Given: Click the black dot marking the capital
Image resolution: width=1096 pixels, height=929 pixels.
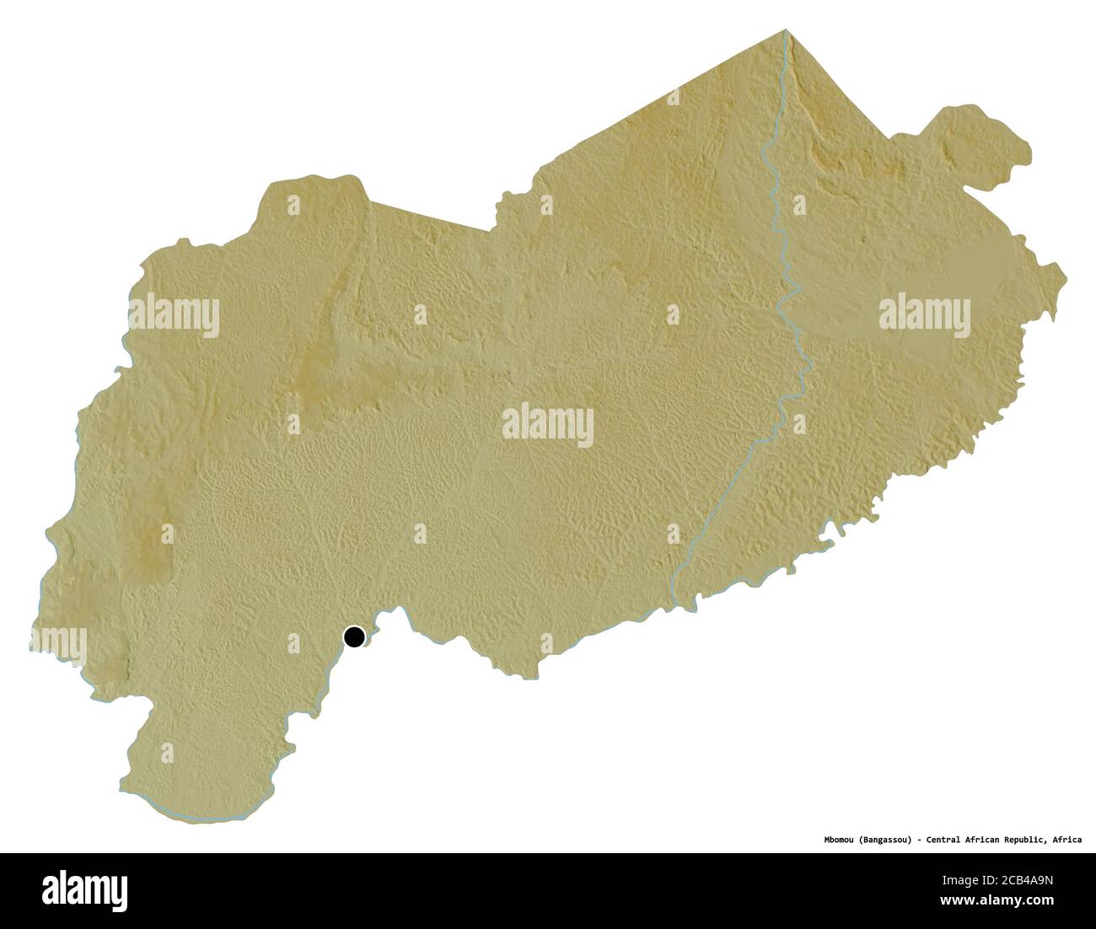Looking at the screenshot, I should click(x=355, y=636).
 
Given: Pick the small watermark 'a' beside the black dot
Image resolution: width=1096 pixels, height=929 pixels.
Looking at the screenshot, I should click(x=293, y=642).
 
